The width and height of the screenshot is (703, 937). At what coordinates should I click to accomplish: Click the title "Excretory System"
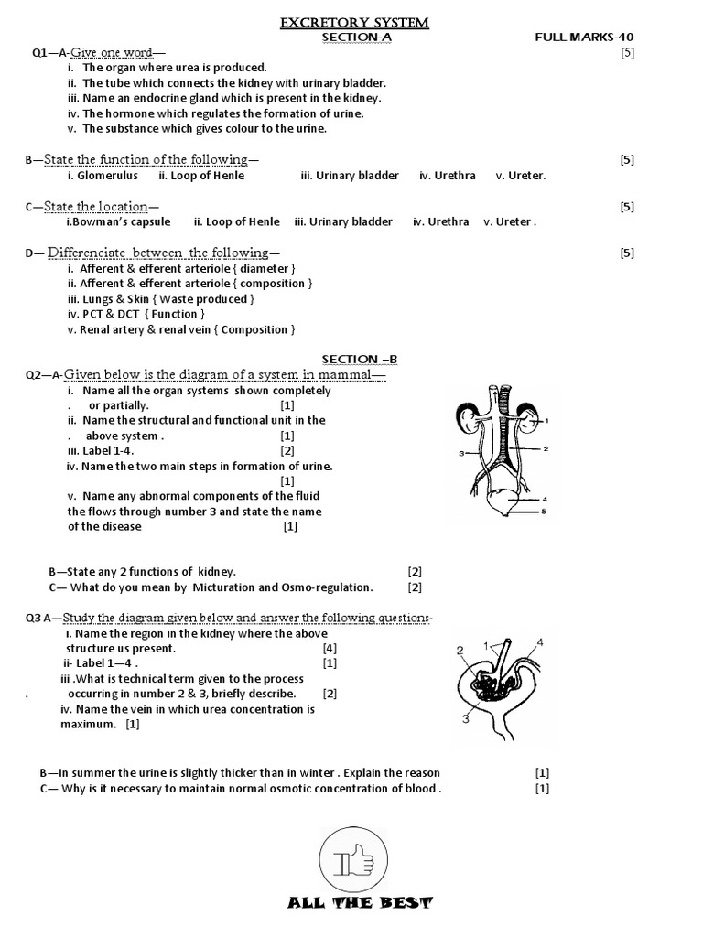pos(354,22)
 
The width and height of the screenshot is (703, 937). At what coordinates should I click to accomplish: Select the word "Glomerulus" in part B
pos(108,176)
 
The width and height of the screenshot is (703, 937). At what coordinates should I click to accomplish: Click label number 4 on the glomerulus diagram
pos(540,642)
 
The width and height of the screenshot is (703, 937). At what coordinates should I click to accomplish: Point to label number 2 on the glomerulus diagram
pos(460,651)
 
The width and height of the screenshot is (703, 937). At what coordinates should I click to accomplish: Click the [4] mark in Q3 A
pos(330,648)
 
